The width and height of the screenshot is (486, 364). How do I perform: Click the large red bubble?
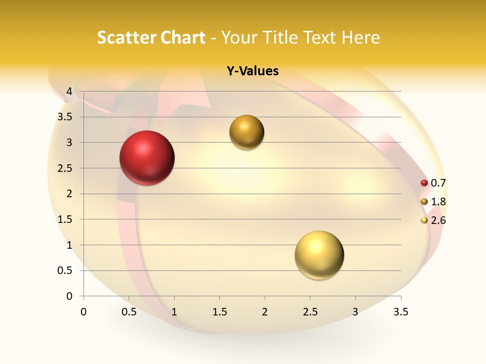[147, 158]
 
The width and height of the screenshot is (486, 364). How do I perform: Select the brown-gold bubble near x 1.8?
[247, 132]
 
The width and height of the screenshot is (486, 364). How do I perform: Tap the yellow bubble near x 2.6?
[319, 255]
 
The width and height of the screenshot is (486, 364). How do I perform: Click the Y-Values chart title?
[252, 71]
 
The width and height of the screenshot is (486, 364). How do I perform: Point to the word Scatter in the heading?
[127, 37]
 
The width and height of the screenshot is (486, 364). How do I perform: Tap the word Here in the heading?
[360, 37]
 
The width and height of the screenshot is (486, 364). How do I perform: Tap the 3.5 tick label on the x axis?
[400, 312]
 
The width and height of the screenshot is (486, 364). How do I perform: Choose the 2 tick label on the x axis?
[265, 312]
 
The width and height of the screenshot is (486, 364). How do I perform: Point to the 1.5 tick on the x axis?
[219, 312]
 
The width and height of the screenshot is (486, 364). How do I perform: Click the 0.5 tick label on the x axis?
[129, 312]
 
